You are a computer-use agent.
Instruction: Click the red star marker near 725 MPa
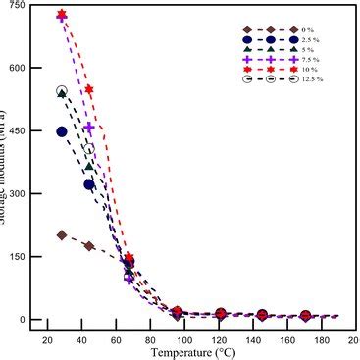[x=62, y=16]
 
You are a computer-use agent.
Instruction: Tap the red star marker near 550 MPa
[x=89, y=90]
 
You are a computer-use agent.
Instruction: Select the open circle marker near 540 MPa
[x=62, y=91]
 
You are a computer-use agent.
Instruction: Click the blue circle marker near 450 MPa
[x=62, y=131]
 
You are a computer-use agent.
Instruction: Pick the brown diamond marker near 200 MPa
[x=62, y=235]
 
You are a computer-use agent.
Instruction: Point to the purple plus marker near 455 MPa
[x=89, y=128]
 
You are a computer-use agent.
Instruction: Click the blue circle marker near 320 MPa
[x=89, y=184]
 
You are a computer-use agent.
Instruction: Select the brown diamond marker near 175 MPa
[x=89, y=246]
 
